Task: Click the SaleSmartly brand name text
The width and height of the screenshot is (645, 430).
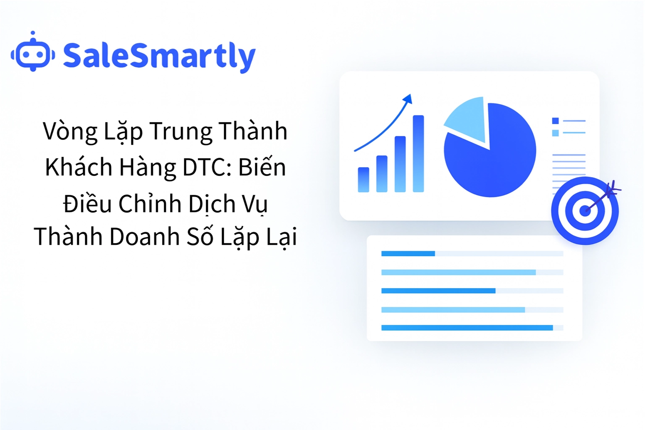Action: pyautogui.click(x=159, y=56)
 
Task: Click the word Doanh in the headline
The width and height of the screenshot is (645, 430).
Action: pyautogui.click(x=145, y=236)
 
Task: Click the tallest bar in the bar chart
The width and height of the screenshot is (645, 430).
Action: pyautogui.click(x=418, y=154)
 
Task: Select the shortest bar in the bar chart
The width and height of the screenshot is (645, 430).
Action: pyautogui.click(x=363, y=180)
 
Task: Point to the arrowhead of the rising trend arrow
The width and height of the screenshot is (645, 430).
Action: pyautogui.click(x=408, y=99)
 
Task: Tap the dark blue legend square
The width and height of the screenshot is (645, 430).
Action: pyautogui.click(x=555, y=121)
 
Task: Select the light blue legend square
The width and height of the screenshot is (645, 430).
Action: pyautogui.click(x=555, y=133)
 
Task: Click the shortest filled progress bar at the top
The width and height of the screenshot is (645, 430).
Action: pyautogui.click(x=408, y=254)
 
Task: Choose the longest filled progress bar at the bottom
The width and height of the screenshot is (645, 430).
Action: pyautogui.click(x=467, y=328)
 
